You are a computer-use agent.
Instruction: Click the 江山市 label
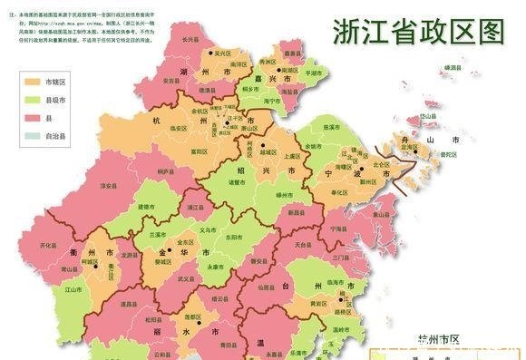point(72,290)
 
